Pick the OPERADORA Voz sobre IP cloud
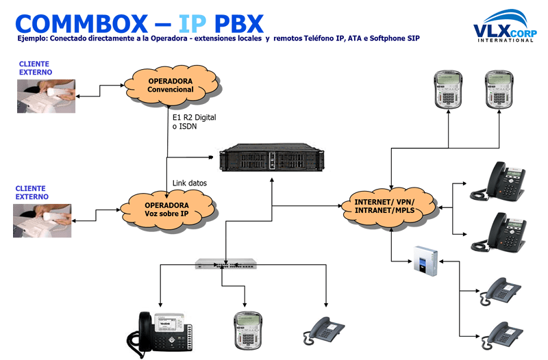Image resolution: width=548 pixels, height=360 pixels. coord(166,209)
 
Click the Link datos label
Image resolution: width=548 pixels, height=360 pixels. coord(188,183)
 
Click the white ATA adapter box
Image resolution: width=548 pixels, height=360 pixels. coord(425,261)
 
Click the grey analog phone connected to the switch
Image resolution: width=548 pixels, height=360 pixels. coord(325,331)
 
